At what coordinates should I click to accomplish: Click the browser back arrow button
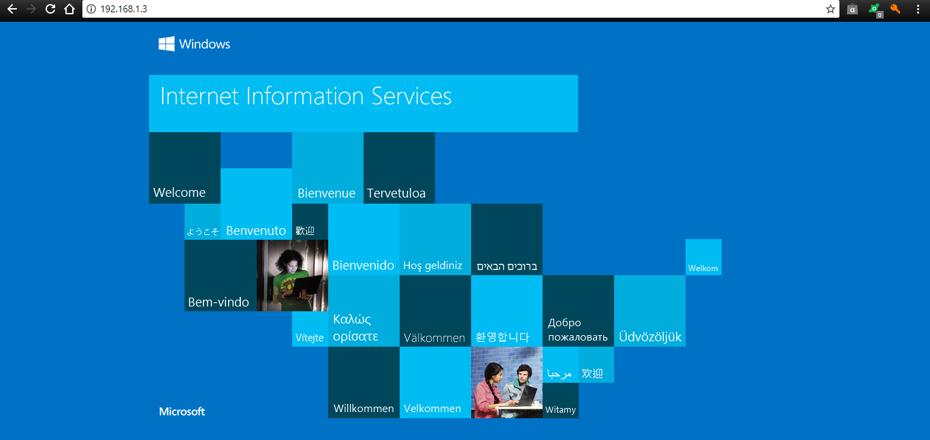click(x=12, y=9)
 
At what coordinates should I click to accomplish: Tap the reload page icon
click(x=50, y=9)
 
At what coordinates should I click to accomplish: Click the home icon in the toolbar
click(x=69, y=9)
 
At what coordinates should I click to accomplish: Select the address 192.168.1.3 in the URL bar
click(x=124, y=9)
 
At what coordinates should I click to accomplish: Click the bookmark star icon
click(x=830, y=9)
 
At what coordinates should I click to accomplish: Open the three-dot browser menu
click(x=918, y=9)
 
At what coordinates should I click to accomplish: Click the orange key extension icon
click(x=895, y=9)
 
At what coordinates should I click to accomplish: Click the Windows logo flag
click(x=167, y=44)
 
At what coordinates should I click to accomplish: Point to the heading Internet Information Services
click(x=306, y=97)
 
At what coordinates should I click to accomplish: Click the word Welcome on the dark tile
click(x=179, y=192)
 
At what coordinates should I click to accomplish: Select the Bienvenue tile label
click(x=326, y=193)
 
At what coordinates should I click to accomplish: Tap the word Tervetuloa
click(x=396, y=193)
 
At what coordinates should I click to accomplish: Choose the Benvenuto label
click(x=256, y=231)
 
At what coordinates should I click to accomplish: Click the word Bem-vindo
click(x=219, y=302)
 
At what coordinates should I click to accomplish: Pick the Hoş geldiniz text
click(x=432, y=266)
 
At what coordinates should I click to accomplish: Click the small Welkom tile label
click(x=703, y=268)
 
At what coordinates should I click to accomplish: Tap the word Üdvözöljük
click(x=650, y=336)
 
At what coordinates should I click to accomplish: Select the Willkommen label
click(x=364, y=409)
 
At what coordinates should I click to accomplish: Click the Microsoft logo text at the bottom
click(x=182, y=411)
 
